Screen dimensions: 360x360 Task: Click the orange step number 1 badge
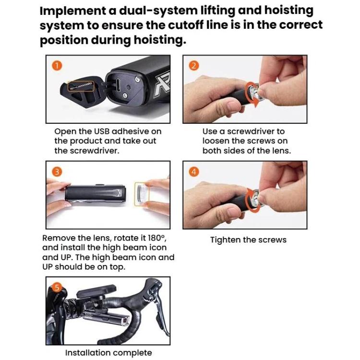click(57, 66)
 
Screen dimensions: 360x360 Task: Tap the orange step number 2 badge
click(194, 66)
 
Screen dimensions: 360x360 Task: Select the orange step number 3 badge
click(57, 172)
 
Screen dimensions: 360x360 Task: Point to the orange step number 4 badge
click(194, 172)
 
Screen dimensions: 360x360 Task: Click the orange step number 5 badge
click(57, 287)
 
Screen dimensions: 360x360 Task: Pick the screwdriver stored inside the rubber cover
click(82, 86)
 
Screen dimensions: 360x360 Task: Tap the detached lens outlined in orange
click(142, 194)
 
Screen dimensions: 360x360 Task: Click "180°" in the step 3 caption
click(157, 238)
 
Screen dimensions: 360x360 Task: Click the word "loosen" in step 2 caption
click(216, 141)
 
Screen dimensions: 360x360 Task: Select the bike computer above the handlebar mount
click(96, 291)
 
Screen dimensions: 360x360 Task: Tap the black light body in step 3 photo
click(96, 193)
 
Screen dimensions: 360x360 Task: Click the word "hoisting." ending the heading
click(160, 40)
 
